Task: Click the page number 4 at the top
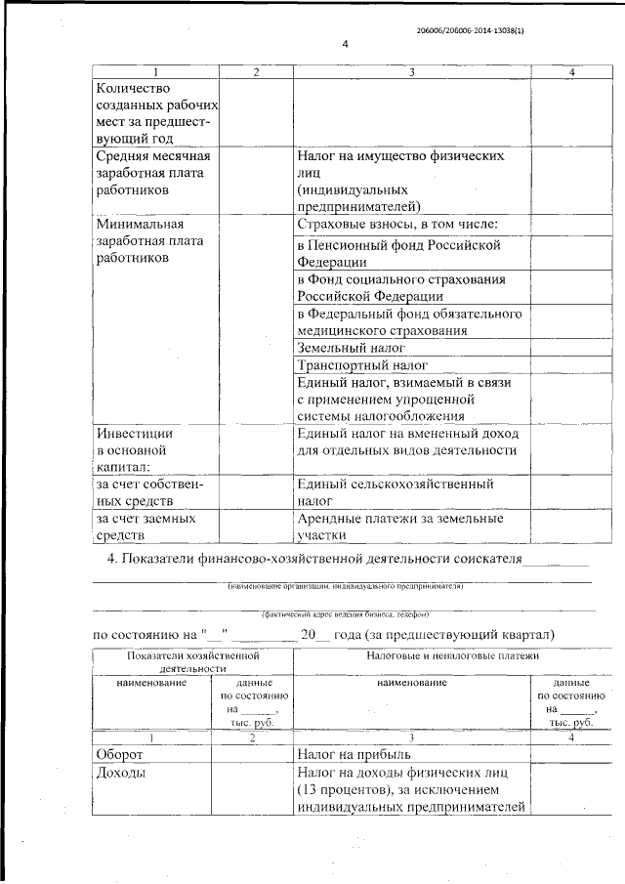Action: pos(345,44)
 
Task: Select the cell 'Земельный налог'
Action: pos(351,348)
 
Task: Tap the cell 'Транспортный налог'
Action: pos(361,365)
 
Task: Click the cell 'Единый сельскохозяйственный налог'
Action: pos(395,491)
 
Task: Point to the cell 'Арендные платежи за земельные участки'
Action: pos(400,526)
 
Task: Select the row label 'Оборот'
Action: pos(120,754)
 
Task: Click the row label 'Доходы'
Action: pos(122,773)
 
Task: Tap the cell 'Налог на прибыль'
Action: pos(361,754)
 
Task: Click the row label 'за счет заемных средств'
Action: pos(145,526)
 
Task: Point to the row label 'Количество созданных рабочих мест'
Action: pos(153,113)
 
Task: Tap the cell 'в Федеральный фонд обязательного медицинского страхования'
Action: pos(409,321)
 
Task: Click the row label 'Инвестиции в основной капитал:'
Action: pos(136,450)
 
